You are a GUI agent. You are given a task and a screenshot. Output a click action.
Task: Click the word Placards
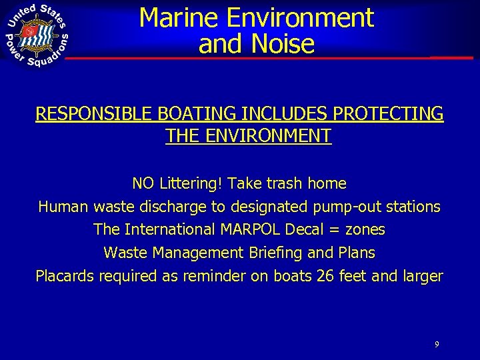click(65, 276)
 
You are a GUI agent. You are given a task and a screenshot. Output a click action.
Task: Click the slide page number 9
click(436, 345)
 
